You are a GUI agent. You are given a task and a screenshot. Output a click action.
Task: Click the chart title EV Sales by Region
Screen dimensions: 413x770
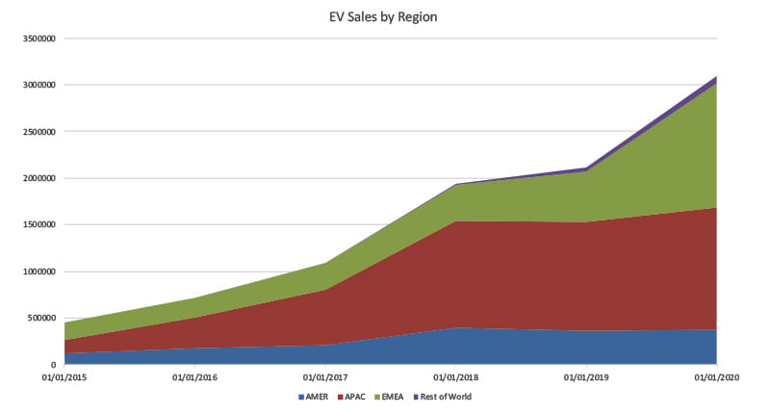pos(384,16)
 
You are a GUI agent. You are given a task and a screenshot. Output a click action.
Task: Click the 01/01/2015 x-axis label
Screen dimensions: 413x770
pos(64,377)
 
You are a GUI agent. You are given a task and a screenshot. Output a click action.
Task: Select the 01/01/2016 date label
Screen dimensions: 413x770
pos(195,377)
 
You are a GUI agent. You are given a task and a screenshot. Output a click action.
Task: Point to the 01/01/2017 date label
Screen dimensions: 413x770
pos(326,377)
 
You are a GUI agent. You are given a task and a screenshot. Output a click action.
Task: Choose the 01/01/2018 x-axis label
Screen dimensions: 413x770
pos(456,377)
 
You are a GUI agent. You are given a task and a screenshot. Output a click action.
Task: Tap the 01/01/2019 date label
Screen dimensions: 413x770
pos(586,377)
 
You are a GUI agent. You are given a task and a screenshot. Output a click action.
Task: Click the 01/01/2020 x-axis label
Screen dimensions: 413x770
pos(717,377)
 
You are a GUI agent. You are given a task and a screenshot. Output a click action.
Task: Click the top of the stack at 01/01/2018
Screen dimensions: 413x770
pos(456,184)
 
